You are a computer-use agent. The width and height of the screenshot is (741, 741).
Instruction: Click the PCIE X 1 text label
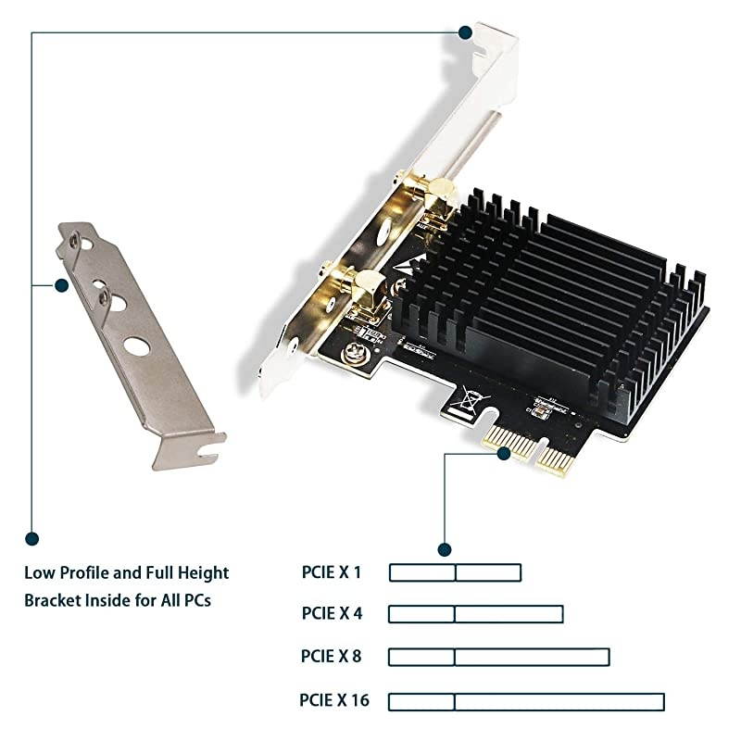[331, 572]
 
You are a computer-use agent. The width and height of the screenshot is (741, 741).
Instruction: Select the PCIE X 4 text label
[331, 613]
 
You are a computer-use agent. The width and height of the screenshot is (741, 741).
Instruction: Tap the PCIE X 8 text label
[331, 657]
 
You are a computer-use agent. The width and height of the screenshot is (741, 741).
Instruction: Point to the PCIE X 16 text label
[334, 700]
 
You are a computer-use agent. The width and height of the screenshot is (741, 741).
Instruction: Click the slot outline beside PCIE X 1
[455, 572]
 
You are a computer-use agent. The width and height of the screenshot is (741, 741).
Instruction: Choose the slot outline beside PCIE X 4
[475, 613]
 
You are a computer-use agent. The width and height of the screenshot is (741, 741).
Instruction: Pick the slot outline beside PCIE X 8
[498, 657]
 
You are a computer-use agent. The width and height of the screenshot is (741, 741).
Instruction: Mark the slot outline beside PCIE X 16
[526, 701]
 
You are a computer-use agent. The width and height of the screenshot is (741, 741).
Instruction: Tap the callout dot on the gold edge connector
[504, 453]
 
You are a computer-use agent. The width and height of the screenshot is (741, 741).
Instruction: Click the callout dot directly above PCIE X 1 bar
[445, 549]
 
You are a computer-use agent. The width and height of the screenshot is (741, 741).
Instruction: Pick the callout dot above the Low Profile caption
[32, 537]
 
